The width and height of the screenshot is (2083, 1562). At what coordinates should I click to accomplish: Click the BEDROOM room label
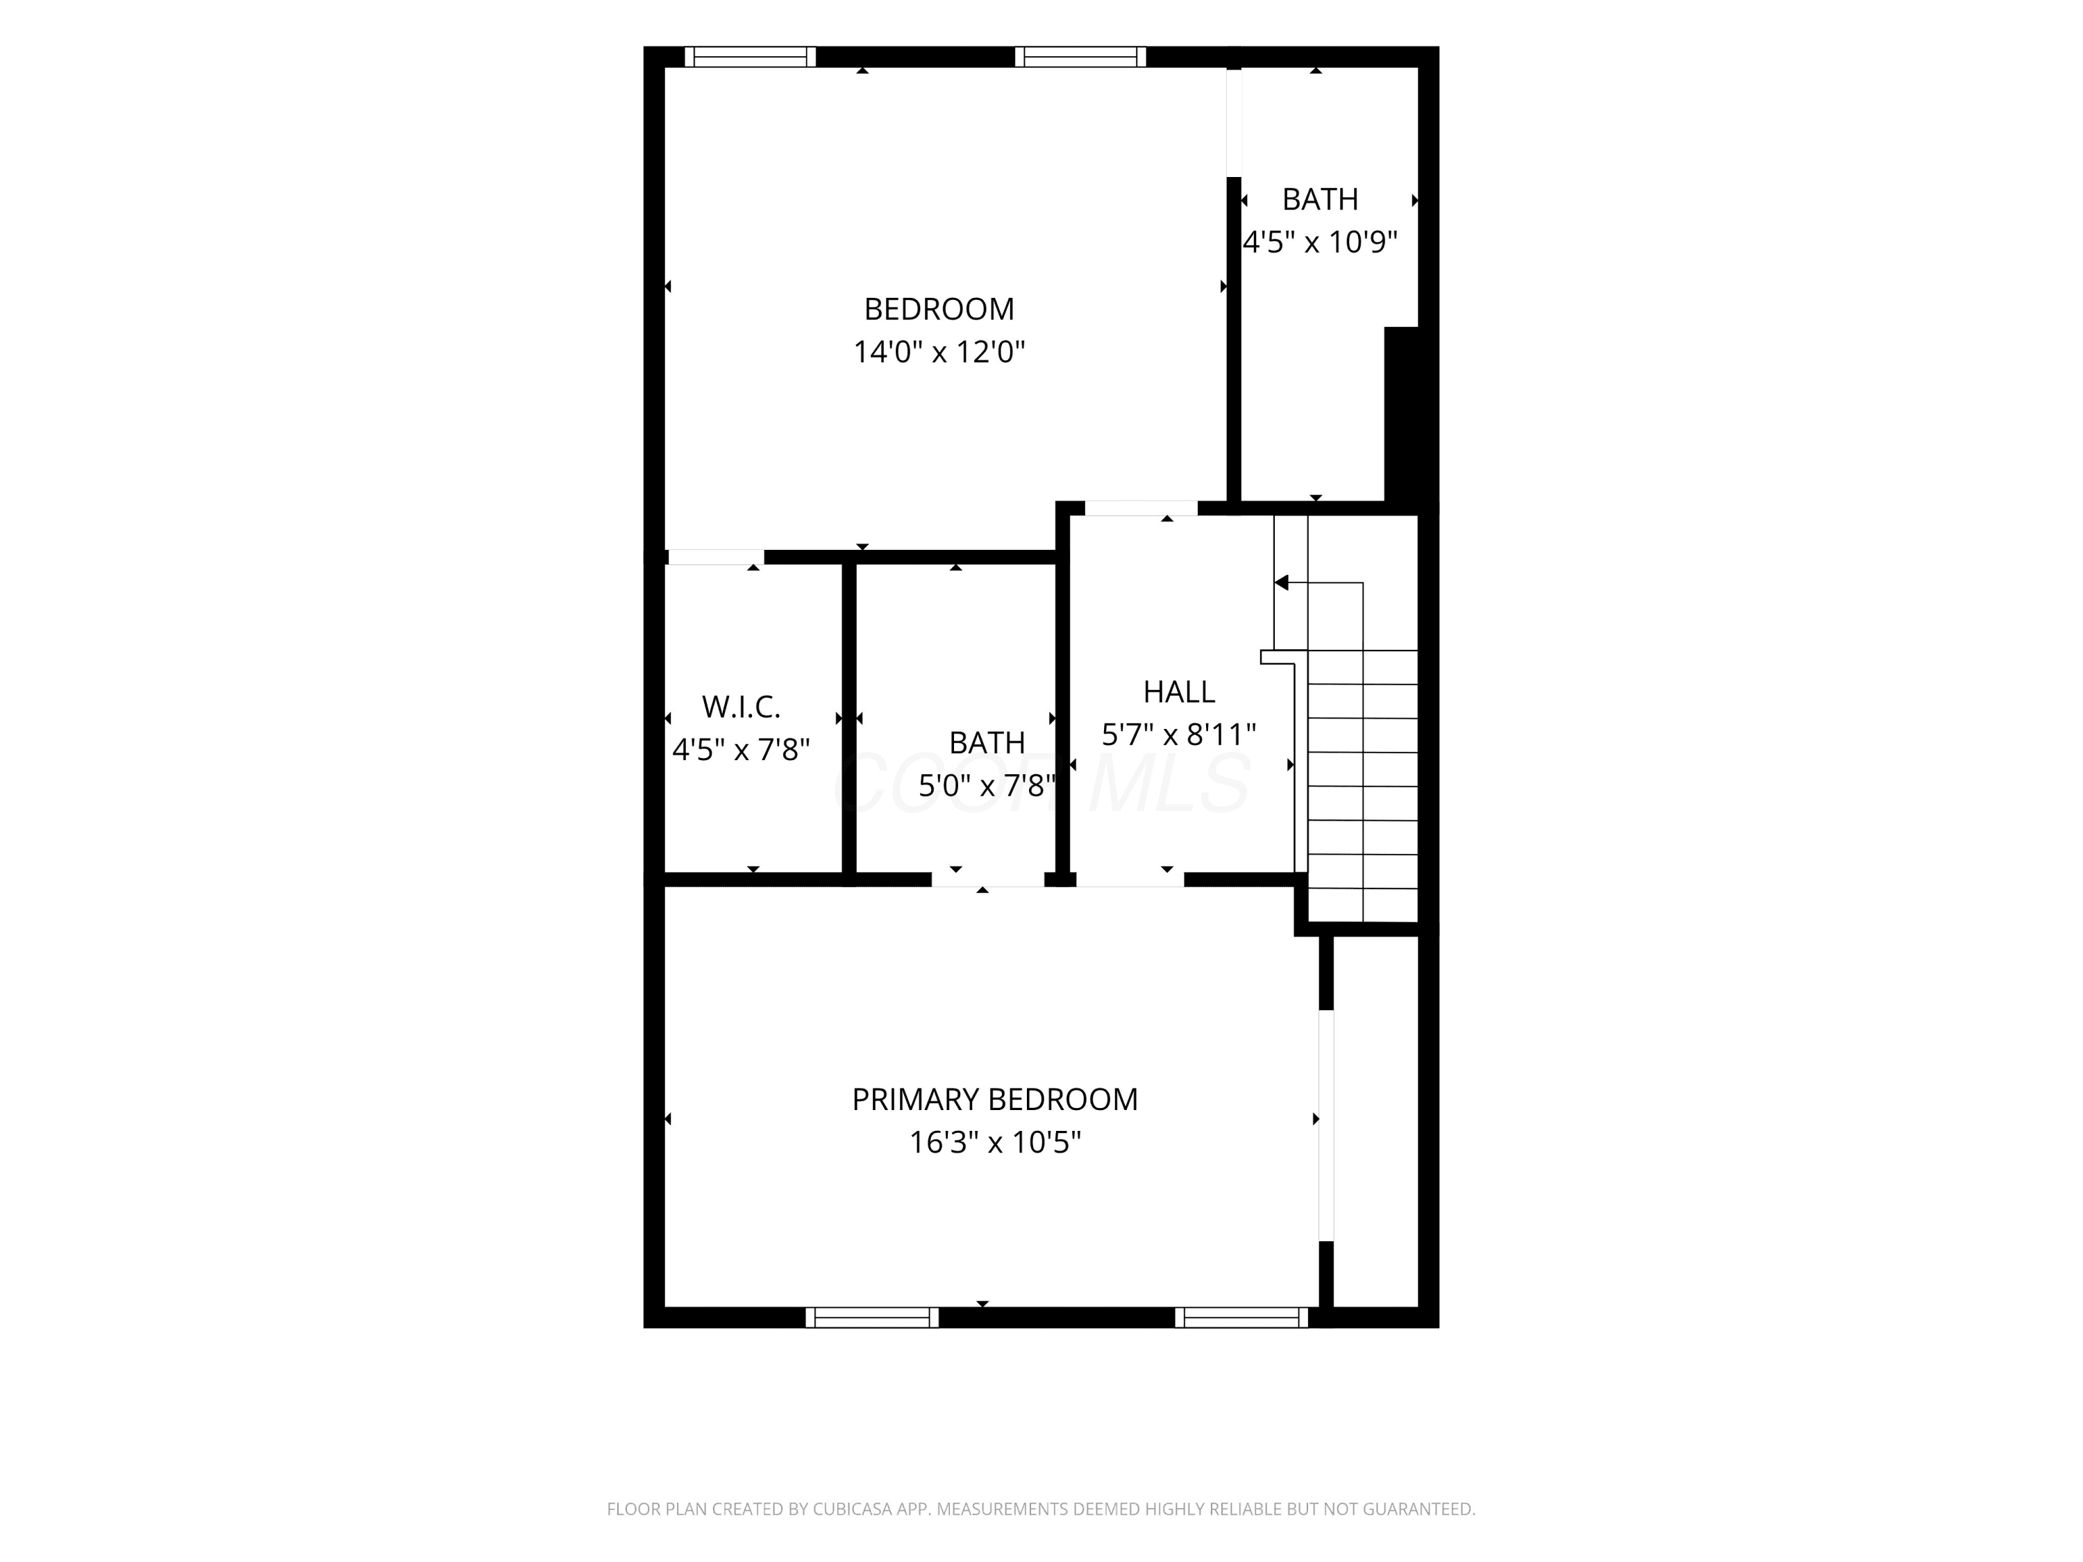coord(939,309)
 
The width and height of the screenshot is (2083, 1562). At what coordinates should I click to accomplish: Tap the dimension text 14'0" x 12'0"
coord(939,352)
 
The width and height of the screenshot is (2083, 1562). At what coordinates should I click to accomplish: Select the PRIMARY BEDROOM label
coord(994,1100)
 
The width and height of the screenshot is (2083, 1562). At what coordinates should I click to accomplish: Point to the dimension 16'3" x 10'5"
coord(994,1143)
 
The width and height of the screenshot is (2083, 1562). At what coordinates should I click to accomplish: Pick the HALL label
coord(1179,692)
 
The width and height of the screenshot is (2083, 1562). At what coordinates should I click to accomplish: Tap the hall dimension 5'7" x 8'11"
coord(1179,734)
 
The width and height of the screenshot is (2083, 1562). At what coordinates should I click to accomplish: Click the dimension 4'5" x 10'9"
coord(1320,243)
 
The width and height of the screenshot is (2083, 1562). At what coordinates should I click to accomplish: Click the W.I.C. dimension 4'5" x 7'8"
coord(741,750)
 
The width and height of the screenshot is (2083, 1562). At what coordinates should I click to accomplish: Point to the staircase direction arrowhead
coord(1280,583)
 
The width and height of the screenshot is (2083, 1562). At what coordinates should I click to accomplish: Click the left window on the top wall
coord(750,56)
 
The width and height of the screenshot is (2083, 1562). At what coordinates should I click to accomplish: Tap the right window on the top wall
coord(1080,56)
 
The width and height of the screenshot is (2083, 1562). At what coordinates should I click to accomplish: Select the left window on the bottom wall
coord(872,1317)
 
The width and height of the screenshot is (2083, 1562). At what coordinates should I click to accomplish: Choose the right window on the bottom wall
coord(1241,1317)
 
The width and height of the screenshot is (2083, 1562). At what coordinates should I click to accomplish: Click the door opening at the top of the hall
coord(1141,508)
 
